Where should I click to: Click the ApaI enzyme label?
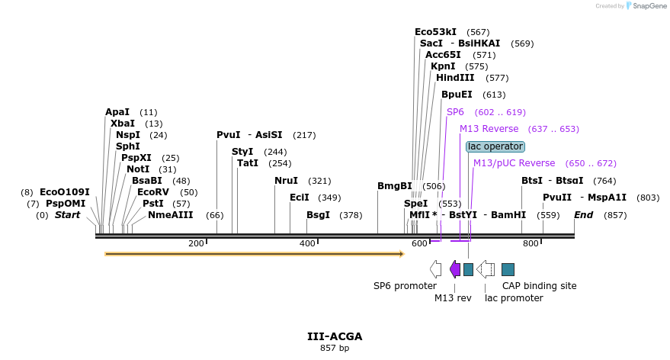(x=117, y=112)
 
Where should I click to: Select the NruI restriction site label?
(x=287, y=181)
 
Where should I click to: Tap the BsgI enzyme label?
(x=319, y=215)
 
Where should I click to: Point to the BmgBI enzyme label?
(x=395, y=186)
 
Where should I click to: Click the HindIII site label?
(x=455, y=78)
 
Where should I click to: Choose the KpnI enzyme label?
(x=443, y=66)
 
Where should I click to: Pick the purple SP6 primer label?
(x=455, y=112)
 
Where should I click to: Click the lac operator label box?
(x=495, y=146)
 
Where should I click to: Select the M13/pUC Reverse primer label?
(x=514, y=163)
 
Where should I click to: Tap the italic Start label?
(x=67, y=215)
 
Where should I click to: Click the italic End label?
(x=584, y=215)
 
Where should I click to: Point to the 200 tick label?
(x=196, y=243)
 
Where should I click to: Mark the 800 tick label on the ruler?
(x=531, y=243)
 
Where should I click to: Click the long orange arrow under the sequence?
(x=254, y=254)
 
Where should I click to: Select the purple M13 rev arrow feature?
(x=455, y=268)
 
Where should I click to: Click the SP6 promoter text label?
(x=405, y=286)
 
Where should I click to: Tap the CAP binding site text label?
(x=539, y=286)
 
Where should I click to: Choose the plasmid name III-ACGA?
(x=335, y=336)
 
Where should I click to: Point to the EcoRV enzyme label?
(x=157, y=192)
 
